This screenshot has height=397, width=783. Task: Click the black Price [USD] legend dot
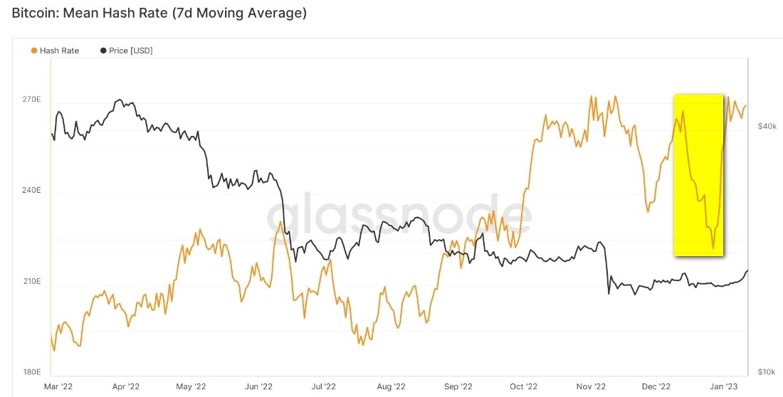[103, 51]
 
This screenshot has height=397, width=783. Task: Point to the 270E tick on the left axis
[31, 100]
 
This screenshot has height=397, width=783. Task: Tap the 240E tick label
[31, 191]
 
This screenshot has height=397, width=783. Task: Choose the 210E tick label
[31, 282]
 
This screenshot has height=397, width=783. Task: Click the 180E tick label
[31, 372]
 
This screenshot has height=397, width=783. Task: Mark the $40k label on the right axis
[767, 127]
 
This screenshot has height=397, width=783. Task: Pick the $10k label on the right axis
[767, 372]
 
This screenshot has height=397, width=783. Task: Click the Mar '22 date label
[58, 387]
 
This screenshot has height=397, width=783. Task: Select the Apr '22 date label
[126, 387]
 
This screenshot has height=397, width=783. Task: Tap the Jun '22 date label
[258, 387]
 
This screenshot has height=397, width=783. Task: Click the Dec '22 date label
[655, 387]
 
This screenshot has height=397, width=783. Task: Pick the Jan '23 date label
[723, 387]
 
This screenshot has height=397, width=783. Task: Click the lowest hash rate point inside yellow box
[713, 248]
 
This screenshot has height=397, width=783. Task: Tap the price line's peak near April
[120, 100]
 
